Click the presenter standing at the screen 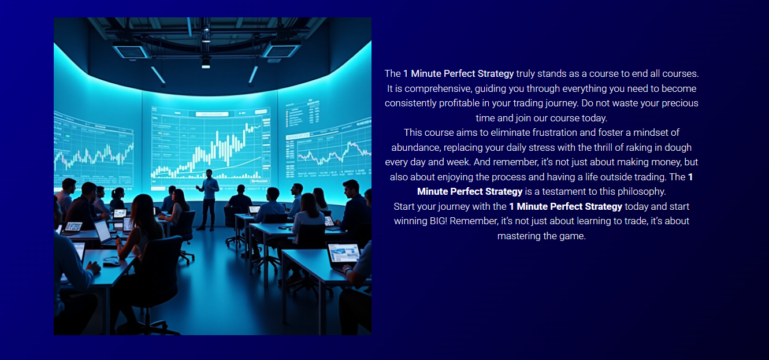(208, 199)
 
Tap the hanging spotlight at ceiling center (206, 63)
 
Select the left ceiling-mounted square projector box (131, 50)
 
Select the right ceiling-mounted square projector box (280, 50)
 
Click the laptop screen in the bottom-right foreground (344, 254)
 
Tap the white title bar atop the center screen (212, 114)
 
